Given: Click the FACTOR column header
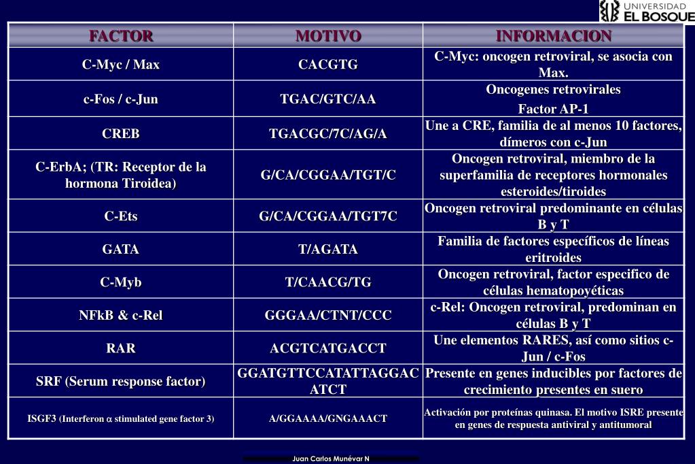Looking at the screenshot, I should coord(121,35).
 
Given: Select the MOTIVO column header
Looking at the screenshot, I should coord(328,35).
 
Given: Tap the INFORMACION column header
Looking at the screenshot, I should coord(553,35).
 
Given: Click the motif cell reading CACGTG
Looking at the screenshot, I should coord(328,65).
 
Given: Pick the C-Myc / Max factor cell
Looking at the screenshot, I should coord(121,65).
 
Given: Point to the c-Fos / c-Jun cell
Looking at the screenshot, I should coord(121,99).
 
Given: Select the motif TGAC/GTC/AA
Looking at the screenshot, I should coord(328,99).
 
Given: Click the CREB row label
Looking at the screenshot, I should coord(121,133).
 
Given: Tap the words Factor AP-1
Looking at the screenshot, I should coord(553,109).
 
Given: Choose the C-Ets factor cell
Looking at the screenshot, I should coord(121,216).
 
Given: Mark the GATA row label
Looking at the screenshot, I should coord(121,249).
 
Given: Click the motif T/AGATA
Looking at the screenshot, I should coord(328,249).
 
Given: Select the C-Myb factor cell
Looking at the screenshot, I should coord(121,282).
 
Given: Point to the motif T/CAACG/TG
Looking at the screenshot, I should coord(328,282).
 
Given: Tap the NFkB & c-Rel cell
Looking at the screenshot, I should coord(121,315).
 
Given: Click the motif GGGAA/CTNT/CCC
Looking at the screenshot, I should coord(328,315).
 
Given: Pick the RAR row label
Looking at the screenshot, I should coord(121,348).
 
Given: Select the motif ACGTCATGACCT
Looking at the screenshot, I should coord(328,348).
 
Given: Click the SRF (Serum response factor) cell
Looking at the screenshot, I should coord(121,381).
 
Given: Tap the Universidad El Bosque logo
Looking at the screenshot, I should coord(647,11).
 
